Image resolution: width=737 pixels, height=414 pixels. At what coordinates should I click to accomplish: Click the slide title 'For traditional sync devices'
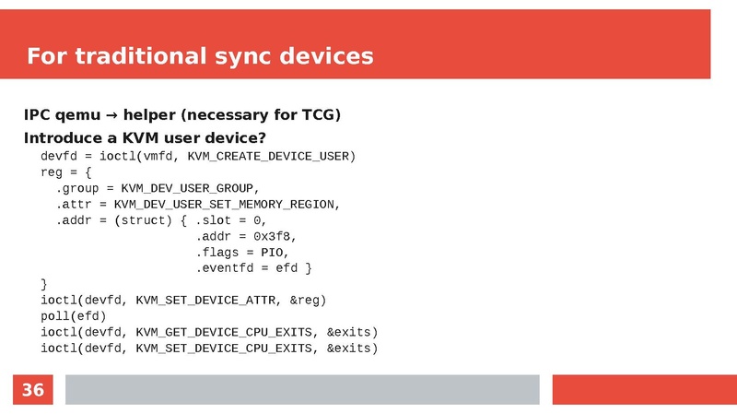click(x=200, y=57)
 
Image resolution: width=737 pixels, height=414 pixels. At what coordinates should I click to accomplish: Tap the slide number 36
click(x=32, y=390)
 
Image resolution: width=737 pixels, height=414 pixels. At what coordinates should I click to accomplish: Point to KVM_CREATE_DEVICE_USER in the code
click(x=271, y=156)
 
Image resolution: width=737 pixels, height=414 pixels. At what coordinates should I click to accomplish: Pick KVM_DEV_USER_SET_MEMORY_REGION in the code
click(x=227, y=204)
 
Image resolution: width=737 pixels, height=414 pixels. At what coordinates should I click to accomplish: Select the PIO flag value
click(x=275, y=252)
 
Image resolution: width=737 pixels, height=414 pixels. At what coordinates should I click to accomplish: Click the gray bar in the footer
click(x=301, y=389)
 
